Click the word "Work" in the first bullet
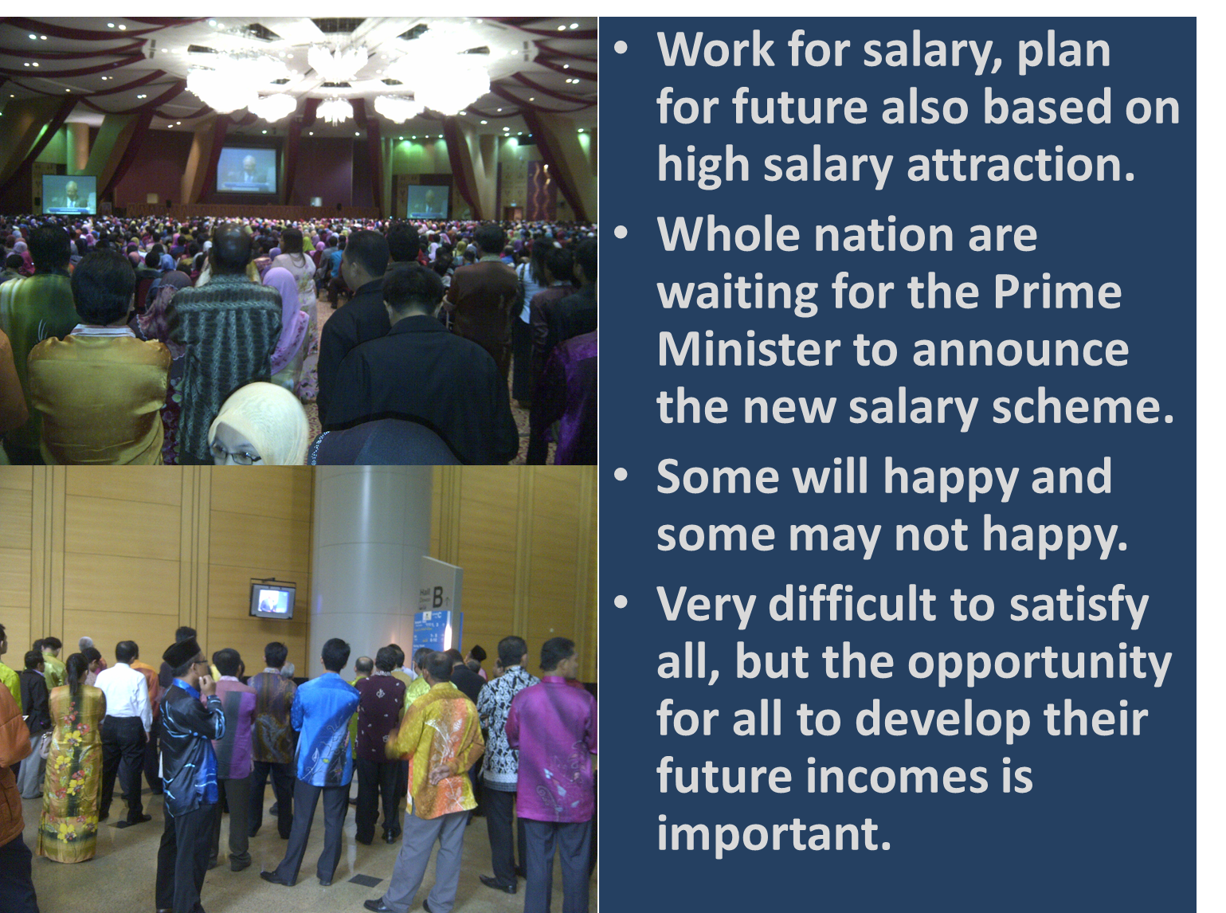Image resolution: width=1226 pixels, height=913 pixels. (x=715, y=49)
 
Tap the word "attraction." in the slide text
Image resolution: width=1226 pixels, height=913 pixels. (x=1020, y=165)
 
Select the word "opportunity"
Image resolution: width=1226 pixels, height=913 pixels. (x=1040, y=663)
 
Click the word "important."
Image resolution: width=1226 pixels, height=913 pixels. (x=774, y=833)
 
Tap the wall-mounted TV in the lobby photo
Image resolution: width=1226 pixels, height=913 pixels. (x=272, y=601)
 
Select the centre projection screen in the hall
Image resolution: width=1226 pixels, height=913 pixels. (x=247, y=170)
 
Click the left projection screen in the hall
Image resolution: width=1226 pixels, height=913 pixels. (x=69, y=194)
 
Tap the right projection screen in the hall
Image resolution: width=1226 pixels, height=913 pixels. (x=428, y=202)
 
